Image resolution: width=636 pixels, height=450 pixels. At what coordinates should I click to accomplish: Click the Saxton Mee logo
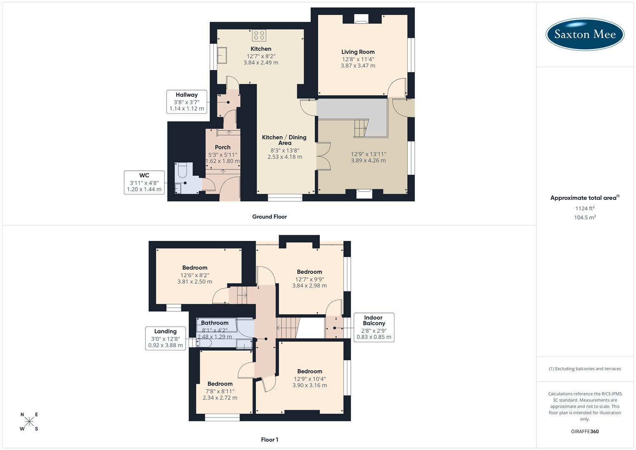(x=585, y=35)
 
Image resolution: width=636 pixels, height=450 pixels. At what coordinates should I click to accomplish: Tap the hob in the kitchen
(x=259, y=35)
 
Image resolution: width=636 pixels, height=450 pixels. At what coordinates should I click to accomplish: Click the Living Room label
(x=358, y=52)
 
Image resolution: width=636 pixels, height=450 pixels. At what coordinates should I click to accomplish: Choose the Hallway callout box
(x=187, y=102)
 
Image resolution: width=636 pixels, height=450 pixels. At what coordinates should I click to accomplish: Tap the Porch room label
(x=222, y=147)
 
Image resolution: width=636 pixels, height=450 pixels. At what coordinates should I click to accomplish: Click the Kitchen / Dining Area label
(x=284, y=140)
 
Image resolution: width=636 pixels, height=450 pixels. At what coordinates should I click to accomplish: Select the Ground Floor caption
(x=269, y=217)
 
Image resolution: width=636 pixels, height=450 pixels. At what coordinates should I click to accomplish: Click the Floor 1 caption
(x=269, y=440)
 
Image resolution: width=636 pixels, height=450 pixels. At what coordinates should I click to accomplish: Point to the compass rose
(x=29, y=422)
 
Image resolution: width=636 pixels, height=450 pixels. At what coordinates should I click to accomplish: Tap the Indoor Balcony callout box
(x=374, y=327)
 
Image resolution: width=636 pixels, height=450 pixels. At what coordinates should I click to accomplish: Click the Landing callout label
(x=165, y=338)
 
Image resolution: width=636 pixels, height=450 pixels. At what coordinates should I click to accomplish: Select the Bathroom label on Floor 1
(x=214, y=323)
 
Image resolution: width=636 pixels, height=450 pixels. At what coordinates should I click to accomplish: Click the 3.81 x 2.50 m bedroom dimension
(x=195, y=282)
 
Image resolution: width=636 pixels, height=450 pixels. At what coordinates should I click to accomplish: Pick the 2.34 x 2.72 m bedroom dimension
(x=220, y=398)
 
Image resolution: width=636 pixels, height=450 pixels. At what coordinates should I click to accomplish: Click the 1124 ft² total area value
(x=585, y=208)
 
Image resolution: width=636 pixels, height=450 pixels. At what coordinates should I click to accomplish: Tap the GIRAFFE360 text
(x=585, y=432)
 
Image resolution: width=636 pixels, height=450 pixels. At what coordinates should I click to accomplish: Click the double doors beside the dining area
(x=323, y=156)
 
